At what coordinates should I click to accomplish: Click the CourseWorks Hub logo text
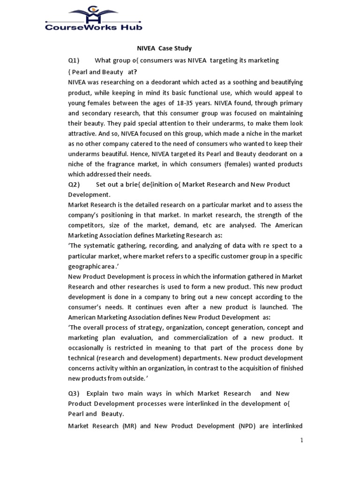94,27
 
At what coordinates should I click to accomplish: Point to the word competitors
87,225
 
